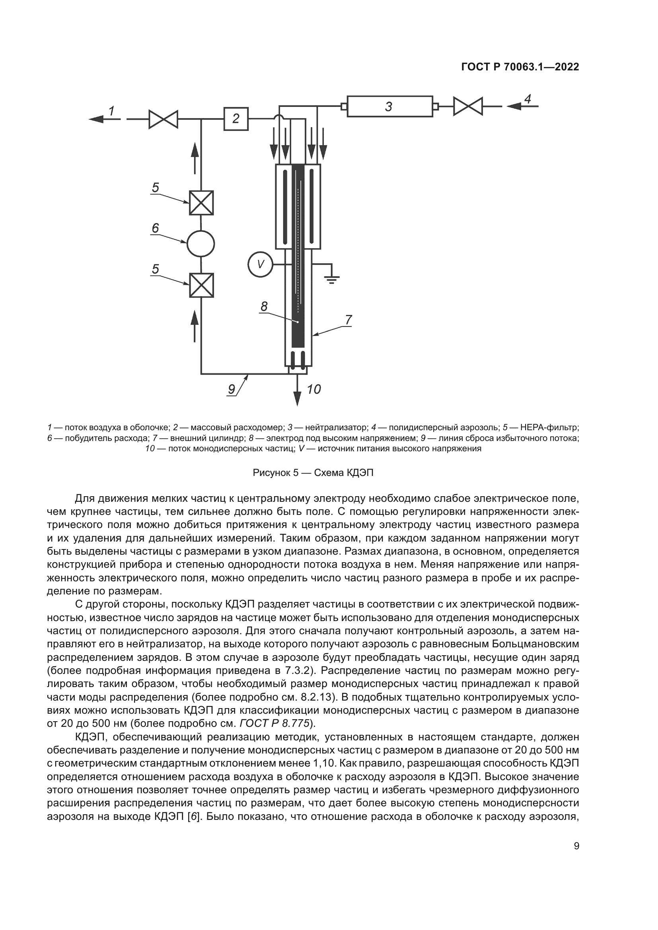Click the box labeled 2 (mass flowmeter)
tap(236, 118)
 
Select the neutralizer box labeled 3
tap(389, 107)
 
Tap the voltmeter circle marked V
tap(260, 264)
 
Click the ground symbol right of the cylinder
tap(332, 278)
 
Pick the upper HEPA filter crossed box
tap(201, 203)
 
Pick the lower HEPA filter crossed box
tap(201, 285)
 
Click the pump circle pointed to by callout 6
tap(201, 243)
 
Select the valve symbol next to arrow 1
tap(163, 119)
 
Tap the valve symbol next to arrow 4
tap(468, 107)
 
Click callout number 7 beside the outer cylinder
tap(348, 320)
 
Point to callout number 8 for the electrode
tap(264, 307)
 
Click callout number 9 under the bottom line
tap(232, 389)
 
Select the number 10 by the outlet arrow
tap(313, 389)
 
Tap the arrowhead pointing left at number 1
tap(95, 119)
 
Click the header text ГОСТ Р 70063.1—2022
tap(520, 67)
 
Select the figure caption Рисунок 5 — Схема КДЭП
tap(313, 473)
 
